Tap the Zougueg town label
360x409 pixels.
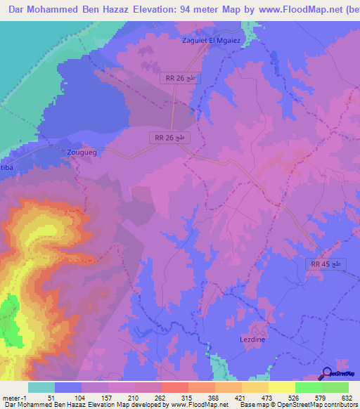79,152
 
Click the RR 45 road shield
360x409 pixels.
326,264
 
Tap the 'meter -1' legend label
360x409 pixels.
15,398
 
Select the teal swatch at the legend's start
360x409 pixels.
41,387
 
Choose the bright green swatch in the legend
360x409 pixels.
308,387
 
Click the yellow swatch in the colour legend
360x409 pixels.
281,387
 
